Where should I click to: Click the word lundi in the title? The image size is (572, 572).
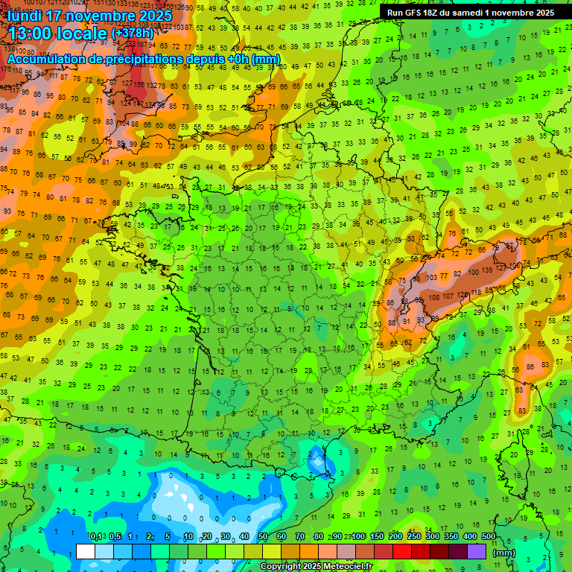[x=27, y=15]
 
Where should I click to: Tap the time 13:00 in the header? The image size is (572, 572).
[x=34, y=33]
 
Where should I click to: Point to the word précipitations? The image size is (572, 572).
[x=149, y=58]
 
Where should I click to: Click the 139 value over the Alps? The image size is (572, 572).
[x=488, y=270]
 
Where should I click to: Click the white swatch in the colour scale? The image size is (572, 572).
[x=86, y=551]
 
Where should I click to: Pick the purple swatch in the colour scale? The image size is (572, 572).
[x=477, y=551]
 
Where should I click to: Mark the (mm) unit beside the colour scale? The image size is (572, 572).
[x=505, y=553]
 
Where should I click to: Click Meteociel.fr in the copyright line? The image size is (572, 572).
[x=346, y=567]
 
